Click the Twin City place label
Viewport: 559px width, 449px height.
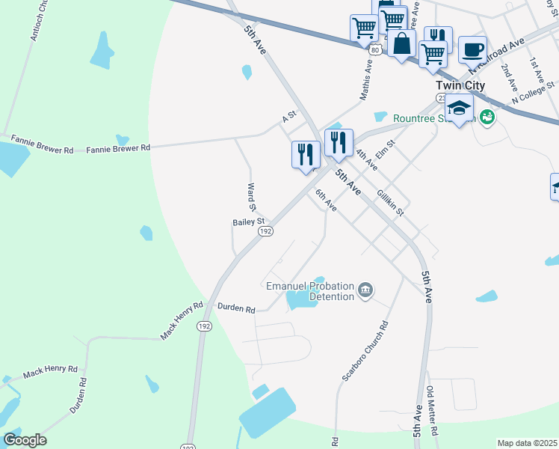460,85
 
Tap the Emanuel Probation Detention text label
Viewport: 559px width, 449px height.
310,291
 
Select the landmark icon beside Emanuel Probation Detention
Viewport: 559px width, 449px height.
365,290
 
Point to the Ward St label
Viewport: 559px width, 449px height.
252,196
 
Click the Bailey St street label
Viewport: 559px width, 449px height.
249,222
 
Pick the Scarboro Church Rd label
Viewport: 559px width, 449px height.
366,352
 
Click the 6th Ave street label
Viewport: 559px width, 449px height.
326,200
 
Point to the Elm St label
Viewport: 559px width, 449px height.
385,147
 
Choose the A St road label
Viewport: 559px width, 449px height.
289,117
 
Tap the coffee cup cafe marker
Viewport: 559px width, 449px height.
472,49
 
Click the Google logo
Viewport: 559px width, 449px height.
25,440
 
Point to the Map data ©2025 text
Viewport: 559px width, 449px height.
528,443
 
